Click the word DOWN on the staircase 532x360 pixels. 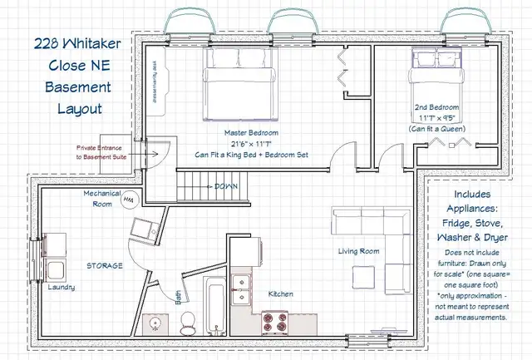click(x=227, y=186)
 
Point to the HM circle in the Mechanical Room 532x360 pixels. click(x=129, y=200)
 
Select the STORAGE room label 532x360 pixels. click(x=106, y=266)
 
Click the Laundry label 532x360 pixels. click(x=62, y=288)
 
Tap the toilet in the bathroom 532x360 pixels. click(x=188, y=319)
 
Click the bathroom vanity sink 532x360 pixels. click(x=155, y=321)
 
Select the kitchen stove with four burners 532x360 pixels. click(x=275, y=320)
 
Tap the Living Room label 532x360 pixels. click(x=358, y=251)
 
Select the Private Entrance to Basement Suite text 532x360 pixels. click(x=102, y=152)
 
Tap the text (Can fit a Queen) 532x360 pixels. click(x=437, y=129)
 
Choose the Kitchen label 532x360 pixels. click(x=280, y=294)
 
